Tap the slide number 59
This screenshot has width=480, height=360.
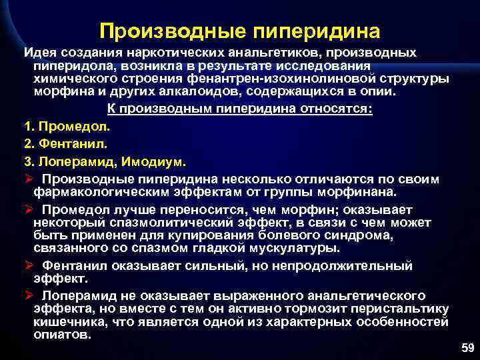pos(467,347)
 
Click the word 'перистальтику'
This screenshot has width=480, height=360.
pos(403,309)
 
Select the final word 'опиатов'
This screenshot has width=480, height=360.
pos(61,335)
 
